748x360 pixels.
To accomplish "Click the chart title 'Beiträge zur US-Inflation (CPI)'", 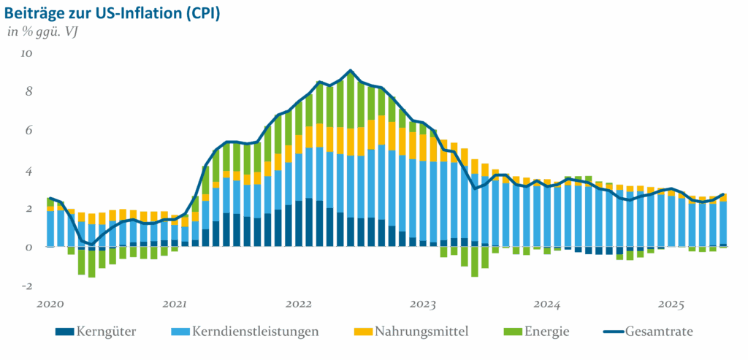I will tap(112, 14).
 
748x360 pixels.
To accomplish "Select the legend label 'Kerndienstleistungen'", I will tap(256, 331).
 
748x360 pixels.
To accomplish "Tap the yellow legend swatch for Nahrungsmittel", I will tap(363, 332).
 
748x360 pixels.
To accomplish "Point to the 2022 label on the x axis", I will tap(299, 302).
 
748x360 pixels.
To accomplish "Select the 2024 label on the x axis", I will tap(546, 302).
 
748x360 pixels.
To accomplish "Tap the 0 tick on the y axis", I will tap(28, 248).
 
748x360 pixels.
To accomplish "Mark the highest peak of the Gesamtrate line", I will tap(351, 71).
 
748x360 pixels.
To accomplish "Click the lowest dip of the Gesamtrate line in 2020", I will tap(91, 244).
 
